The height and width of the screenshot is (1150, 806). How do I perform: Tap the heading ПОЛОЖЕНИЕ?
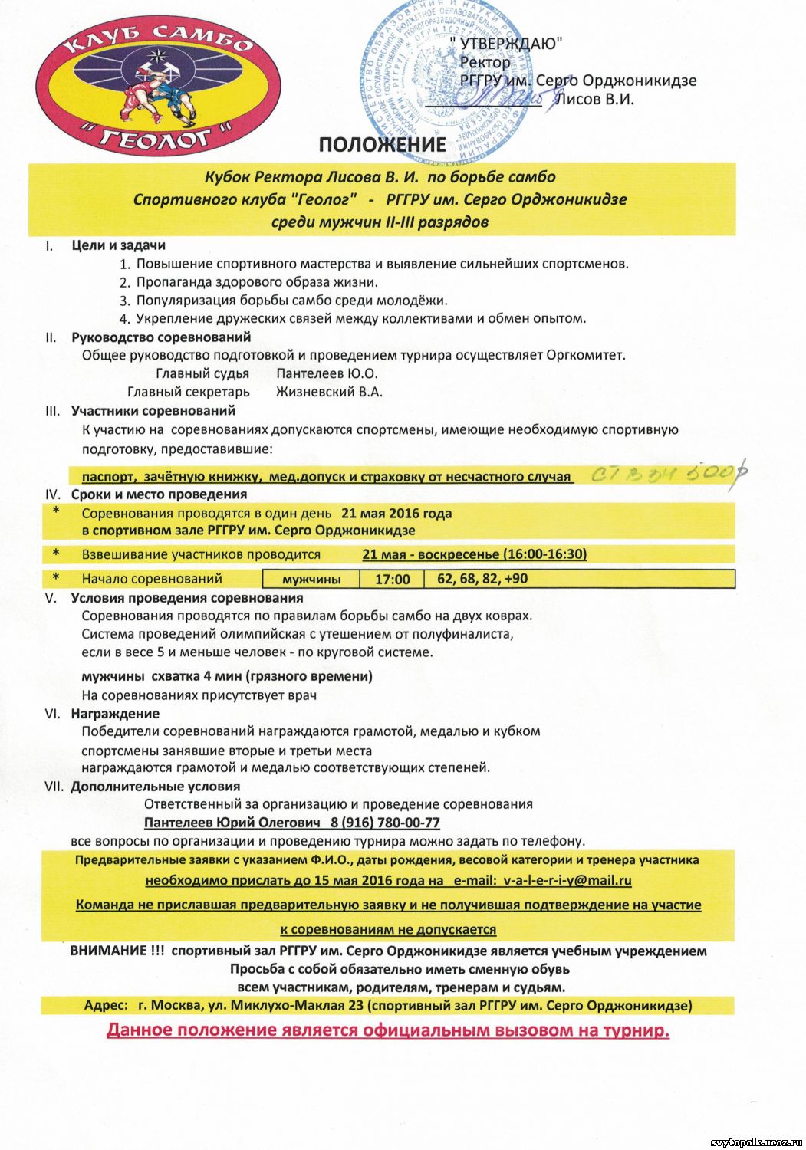[x=382, y=144]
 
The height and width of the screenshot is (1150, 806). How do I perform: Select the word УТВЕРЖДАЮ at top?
[x=507, y=44]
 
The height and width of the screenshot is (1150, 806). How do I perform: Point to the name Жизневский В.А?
[x=329, y=392]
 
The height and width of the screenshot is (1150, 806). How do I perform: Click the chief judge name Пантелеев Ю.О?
[x=327, y=373]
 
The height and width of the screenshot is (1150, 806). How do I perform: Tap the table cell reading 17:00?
[x=392, y=579]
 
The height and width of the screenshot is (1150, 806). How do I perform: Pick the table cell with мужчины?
[x=311, y=579]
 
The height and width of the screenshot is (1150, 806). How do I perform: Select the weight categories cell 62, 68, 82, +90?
[x=482, y=578]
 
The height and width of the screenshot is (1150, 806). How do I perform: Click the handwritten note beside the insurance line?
[x=669, y=473]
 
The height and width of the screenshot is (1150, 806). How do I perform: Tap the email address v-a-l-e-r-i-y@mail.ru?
[x=567, y=881]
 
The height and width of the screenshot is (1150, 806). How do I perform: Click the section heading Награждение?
[x=115, y=714]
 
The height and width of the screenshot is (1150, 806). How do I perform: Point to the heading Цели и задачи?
[x=118, y=245]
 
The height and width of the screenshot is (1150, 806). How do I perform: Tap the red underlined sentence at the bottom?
[x=388, y=1030]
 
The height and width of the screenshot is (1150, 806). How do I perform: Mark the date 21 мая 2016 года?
[x=396, y=513]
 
